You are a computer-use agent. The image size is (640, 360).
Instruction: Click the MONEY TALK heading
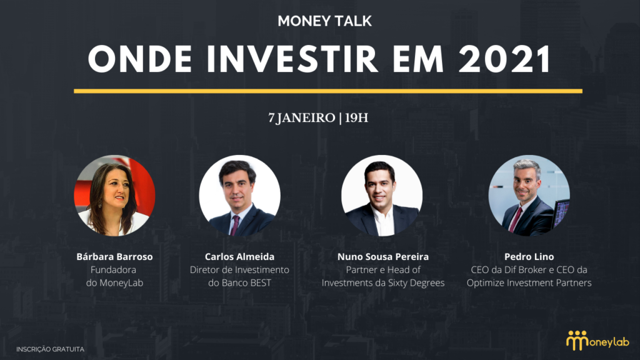click(324, 21)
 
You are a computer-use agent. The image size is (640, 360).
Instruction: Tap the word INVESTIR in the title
click(292, 59)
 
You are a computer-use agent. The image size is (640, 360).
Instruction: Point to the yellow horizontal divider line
click(327, 91)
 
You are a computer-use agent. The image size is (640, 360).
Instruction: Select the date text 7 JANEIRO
click(302, 118)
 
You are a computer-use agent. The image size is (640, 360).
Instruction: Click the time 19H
click(356, 118)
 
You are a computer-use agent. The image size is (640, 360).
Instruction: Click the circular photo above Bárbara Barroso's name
click(114, 196)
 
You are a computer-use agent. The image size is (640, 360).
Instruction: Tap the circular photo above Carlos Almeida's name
click(239, 196)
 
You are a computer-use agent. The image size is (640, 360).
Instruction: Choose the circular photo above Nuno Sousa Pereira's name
click(382, 196)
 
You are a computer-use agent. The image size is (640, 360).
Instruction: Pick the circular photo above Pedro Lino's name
click(529, 196)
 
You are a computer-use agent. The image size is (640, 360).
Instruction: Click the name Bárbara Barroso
click(115, 257)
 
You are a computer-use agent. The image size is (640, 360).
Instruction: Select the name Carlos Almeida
click(239, 257)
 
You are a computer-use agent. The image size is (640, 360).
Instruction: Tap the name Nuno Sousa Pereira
click(383, 257)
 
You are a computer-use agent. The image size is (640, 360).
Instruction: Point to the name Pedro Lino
click(529, 257)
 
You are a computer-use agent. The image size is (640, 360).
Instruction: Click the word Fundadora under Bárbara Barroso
click(114, 270)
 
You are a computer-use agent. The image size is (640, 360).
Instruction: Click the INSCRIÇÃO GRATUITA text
click(50, 349)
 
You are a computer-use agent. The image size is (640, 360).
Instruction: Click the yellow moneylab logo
click(597, 341)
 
